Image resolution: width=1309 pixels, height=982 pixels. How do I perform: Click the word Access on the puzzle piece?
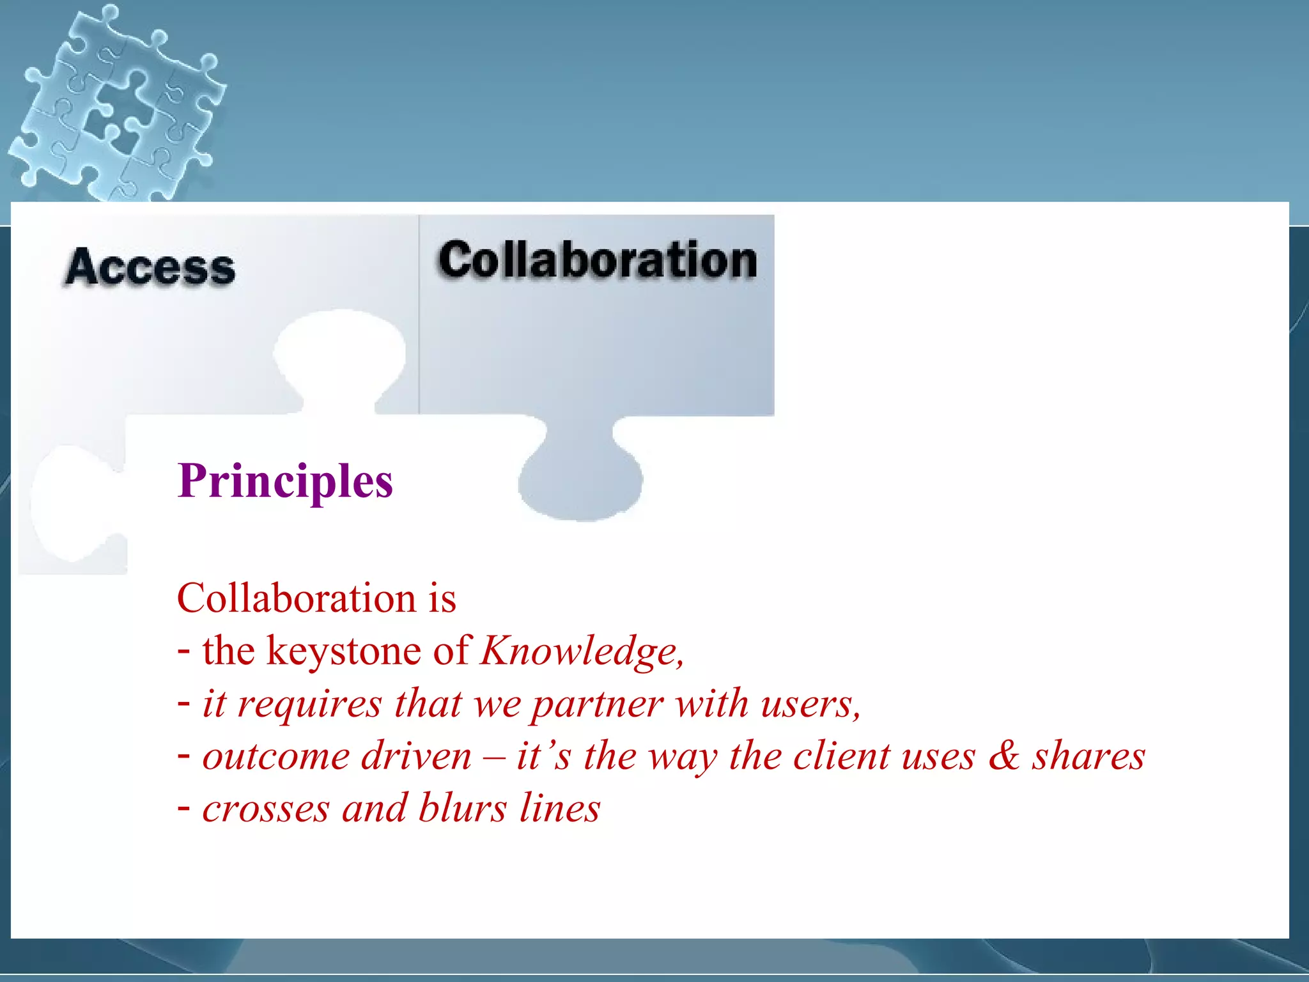point(151,267)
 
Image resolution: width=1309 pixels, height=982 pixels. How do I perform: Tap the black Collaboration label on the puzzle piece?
point(598,260)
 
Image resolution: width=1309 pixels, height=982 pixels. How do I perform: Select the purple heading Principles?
point(285,481)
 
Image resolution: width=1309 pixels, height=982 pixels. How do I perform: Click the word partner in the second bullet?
point(597,705)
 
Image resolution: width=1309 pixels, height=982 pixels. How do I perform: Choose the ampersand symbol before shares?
point(1004,756)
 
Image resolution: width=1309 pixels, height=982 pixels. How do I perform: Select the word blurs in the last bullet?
point(463,808)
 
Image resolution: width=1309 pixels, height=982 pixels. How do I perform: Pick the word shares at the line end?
point(1088,756)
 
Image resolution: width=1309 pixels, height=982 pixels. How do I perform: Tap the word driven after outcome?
point(416,756)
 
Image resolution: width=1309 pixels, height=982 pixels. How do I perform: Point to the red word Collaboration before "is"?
point(297,599)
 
